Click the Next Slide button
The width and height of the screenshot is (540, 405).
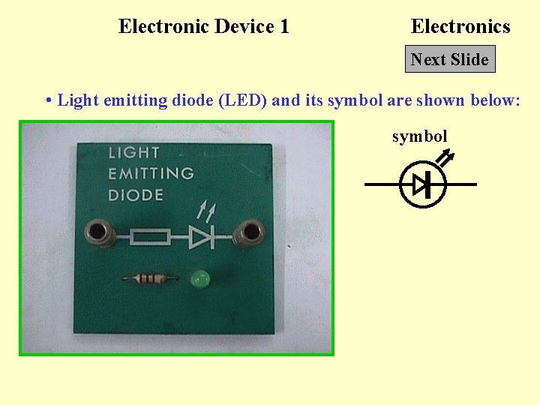pos(450,60)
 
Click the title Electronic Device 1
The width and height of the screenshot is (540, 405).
pos(203,27)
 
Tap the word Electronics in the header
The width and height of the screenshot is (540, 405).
pos(460,27)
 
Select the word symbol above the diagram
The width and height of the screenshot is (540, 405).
pos(419,136)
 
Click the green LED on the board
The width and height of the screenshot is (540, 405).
pos(200,280)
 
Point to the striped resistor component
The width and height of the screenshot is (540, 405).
pos(151,279)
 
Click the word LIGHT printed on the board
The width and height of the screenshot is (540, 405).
pos(134,153)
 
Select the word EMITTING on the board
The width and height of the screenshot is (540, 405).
pos(151,174)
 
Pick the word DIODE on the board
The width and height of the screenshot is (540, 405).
pos(136,195)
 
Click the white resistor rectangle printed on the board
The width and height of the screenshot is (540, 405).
pos(151,238)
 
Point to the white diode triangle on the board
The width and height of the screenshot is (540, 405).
pos(200,238)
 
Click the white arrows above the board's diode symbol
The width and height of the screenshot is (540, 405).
pos(205,210)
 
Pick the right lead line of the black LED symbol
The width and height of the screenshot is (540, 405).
pos(461,184)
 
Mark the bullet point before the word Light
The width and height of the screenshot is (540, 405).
pos(48,100)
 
